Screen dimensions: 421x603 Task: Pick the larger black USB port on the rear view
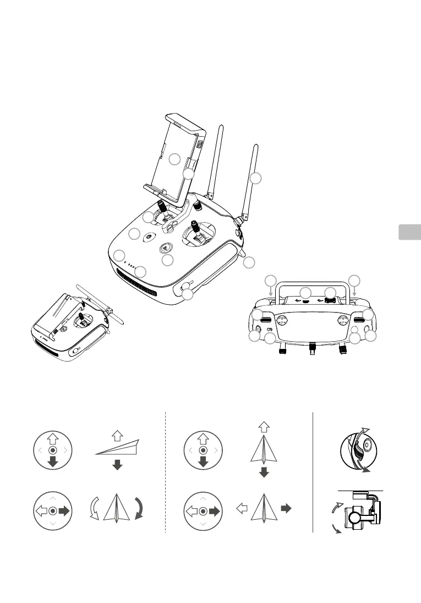tap(330, 301)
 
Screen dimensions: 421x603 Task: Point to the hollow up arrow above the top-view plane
tap(264, 426)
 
